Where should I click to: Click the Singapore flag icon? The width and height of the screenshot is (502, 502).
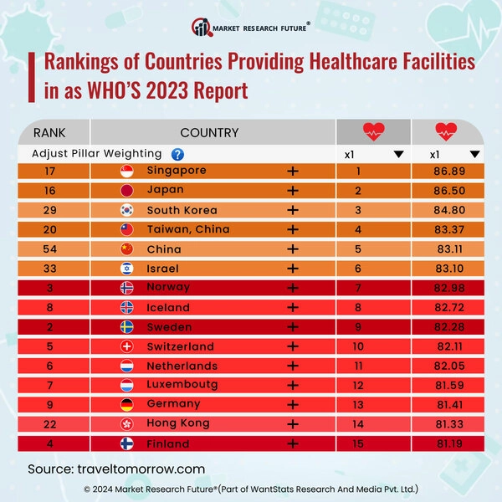(x=128, y=172)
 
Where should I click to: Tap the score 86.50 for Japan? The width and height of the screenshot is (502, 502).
(x=446, y=191)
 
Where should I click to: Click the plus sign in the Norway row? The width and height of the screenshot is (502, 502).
(x=293, y=288)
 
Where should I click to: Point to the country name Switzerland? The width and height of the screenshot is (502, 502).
(x=180, y=346)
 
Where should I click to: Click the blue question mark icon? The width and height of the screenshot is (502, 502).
(x=177, y=154)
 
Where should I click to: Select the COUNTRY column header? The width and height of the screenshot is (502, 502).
(x=209, y=132)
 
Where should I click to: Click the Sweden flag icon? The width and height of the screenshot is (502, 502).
(x=128, y=327)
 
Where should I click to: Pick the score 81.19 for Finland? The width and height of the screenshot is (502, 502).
(x=446, y=443)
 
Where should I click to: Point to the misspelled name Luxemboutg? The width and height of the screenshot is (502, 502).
(x=182, y=385)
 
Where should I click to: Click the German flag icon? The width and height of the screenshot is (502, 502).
(x=128, y=405)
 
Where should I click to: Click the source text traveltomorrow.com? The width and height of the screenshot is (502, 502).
(x=116, y=469)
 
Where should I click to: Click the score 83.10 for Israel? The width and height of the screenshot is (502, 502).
(x=446, y=269)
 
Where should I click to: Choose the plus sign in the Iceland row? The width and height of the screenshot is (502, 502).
(x=293, y=307)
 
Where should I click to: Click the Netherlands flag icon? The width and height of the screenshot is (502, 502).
(x=128, y=366)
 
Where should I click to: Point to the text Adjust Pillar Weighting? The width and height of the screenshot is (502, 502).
(x=96, y=154)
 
